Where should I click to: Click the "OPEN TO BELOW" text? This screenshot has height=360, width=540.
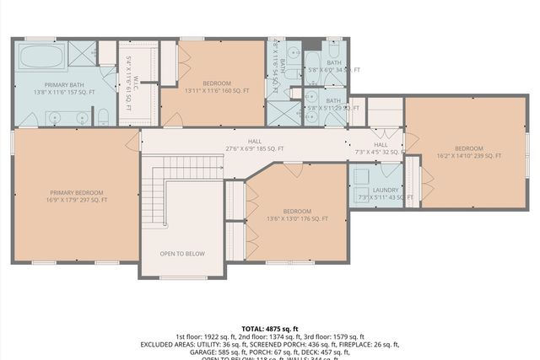[x=183, y=253]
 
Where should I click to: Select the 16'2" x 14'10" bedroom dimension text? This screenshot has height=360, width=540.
[x=469, y=156]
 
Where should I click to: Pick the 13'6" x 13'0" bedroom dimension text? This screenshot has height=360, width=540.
[x=298, y=218]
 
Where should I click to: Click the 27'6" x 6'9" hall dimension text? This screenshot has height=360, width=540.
[x=255, y=148]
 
